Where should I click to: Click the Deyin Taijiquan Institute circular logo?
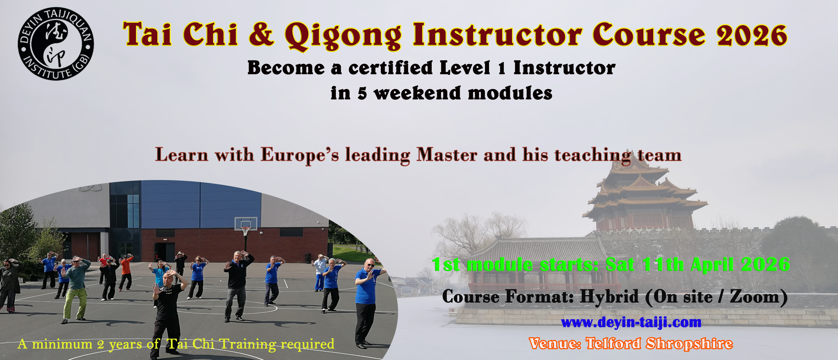coord(56,44)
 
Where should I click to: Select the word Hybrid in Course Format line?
coord(609,297)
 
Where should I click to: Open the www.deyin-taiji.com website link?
coord(631,322)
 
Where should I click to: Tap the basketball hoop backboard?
coord(246,224)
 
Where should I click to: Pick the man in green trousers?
coord(76,290)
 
